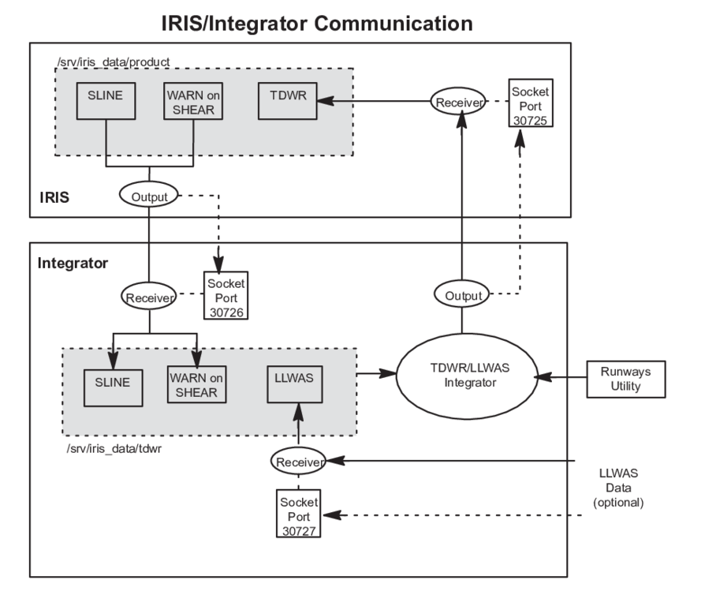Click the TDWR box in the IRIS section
point(288,101)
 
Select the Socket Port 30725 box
point(531,103)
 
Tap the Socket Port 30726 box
point(226,295)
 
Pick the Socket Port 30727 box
point(299,514)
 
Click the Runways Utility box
point(626,380)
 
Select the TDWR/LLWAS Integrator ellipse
point(467,376)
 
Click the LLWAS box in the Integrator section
point(295,384)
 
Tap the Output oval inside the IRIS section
point(149,195)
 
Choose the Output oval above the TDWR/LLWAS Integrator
point(461,294)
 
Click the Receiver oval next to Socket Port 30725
point(458,102)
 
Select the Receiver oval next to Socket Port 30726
point(149,296)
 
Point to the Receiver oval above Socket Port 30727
point(299,461)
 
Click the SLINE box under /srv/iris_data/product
point(106,101)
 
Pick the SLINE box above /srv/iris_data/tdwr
point(114,388)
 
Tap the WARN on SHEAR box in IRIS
point(193,101)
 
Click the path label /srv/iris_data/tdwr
point(114,449)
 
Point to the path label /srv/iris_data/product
point(114,62)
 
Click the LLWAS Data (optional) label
point(618,488)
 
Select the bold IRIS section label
point(54,197)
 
